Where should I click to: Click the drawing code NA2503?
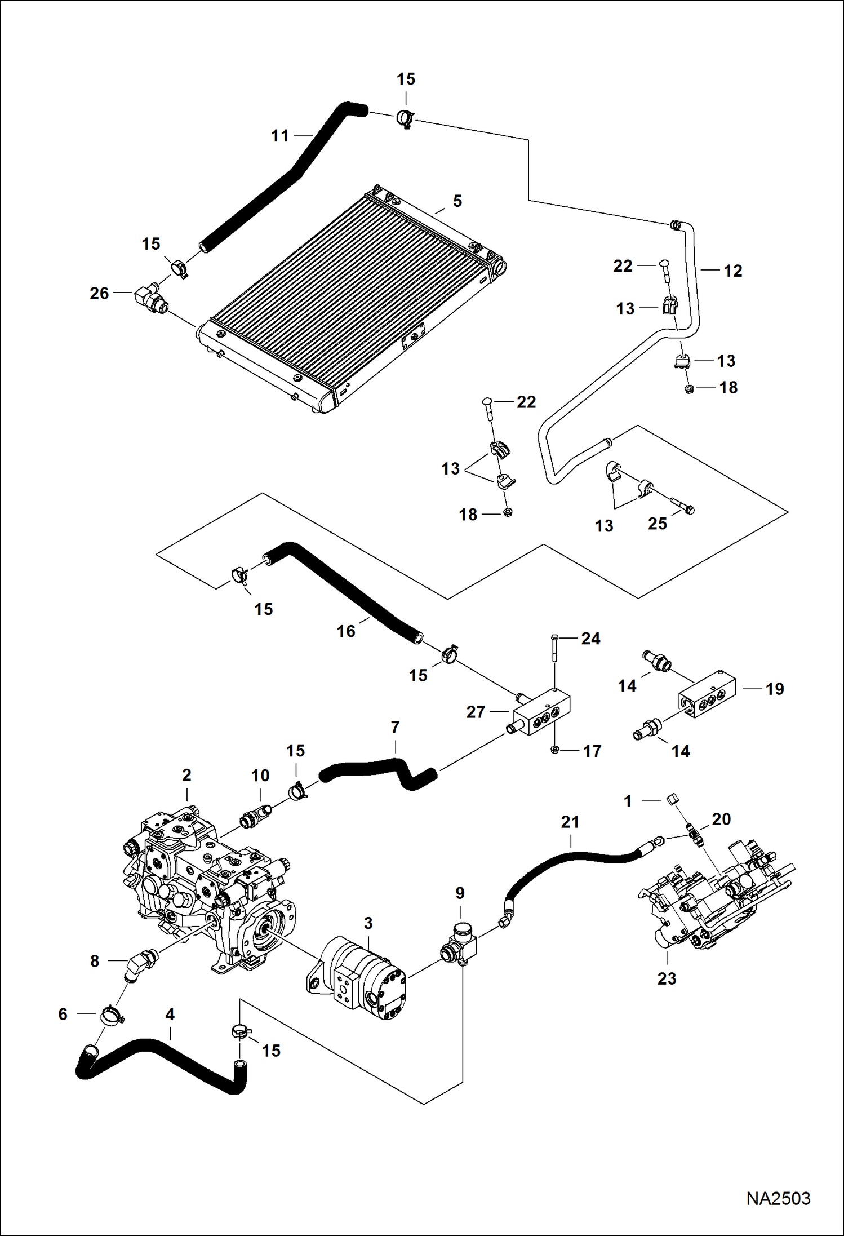click(778, 1198)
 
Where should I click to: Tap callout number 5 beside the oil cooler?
click(457, 201)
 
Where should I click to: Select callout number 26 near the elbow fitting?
click(99, 294)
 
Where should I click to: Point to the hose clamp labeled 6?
click(112, 1015)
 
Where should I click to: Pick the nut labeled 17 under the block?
click(554, 750)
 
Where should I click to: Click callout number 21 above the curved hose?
click(570, 822)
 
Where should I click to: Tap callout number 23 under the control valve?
click(667, 979)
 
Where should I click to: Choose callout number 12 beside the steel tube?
click(732, 271)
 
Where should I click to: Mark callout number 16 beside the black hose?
click(346, 631)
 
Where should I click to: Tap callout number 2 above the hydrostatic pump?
click(186, 775)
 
